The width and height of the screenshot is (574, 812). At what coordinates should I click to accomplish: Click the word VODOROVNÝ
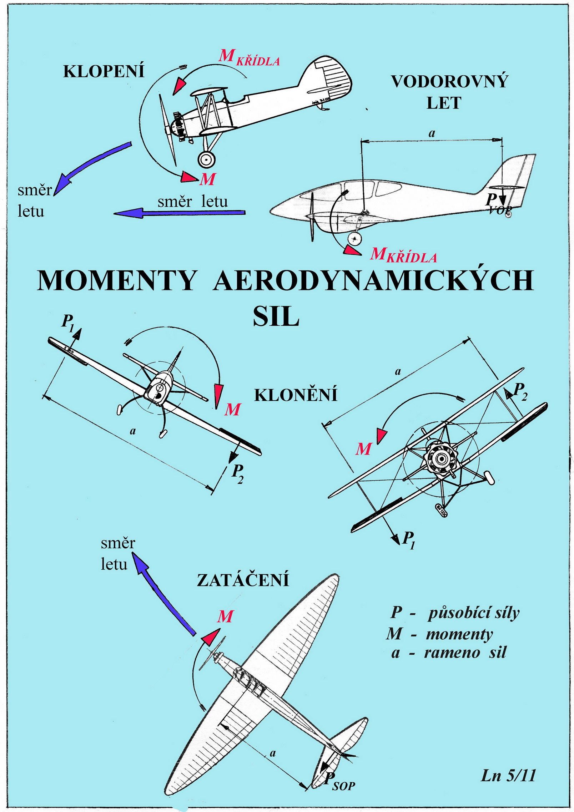[x=449, y=81]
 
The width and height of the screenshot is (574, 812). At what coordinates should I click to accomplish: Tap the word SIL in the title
[x=276, y=316]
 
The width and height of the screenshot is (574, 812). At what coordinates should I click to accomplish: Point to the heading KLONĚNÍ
[x=296, y=395]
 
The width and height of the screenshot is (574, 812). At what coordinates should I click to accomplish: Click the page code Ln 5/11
[x=508, y=775]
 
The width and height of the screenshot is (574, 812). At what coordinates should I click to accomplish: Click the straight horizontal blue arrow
[x=179, y=213]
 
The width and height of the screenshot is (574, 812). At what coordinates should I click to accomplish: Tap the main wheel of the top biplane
[x=207, y=159]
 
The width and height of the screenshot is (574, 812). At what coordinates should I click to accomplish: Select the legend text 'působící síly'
[x=474, y=613]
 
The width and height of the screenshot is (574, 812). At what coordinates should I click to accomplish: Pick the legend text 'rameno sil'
[x=465, y=652]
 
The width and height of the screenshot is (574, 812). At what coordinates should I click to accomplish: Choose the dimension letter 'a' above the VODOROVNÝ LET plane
[x=432, y=133]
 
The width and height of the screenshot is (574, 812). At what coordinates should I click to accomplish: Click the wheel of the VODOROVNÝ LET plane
[x=354, y=238]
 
